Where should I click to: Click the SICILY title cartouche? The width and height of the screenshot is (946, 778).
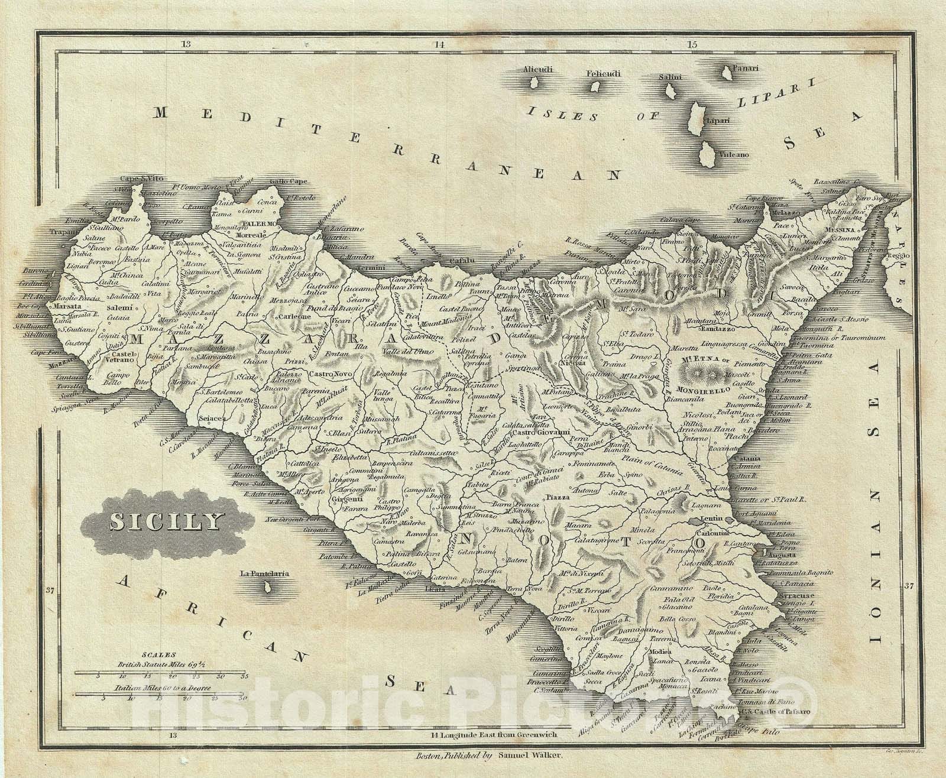pyautogui.click(x=164, y=521)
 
